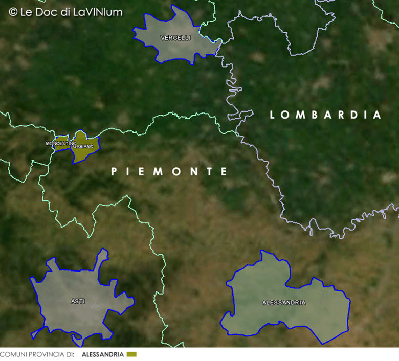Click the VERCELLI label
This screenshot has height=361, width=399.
coord(175,38)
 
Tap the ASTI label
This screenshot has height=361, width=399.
coord(78,302)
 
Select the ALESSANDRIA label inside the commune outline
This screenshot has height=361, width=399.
coord(283,303)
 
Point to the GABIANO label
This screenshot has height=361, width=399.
coord(83,147)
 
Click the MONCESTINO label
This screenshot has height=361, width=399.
coord(61,143)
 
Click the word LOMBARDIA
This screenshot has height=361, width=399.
coord(325,115)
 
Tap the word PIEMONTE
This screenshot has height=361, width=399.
coord(169,172)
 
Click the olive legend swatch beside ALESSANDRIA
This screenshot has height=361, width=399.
coord(131,354)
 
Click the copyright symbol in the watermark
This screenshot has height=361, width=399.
coord(13,11)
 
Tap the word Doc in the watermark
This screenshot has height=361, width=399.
coord(53,12)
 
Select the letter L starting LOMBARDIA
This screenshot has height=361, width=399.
coord(273,115)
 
